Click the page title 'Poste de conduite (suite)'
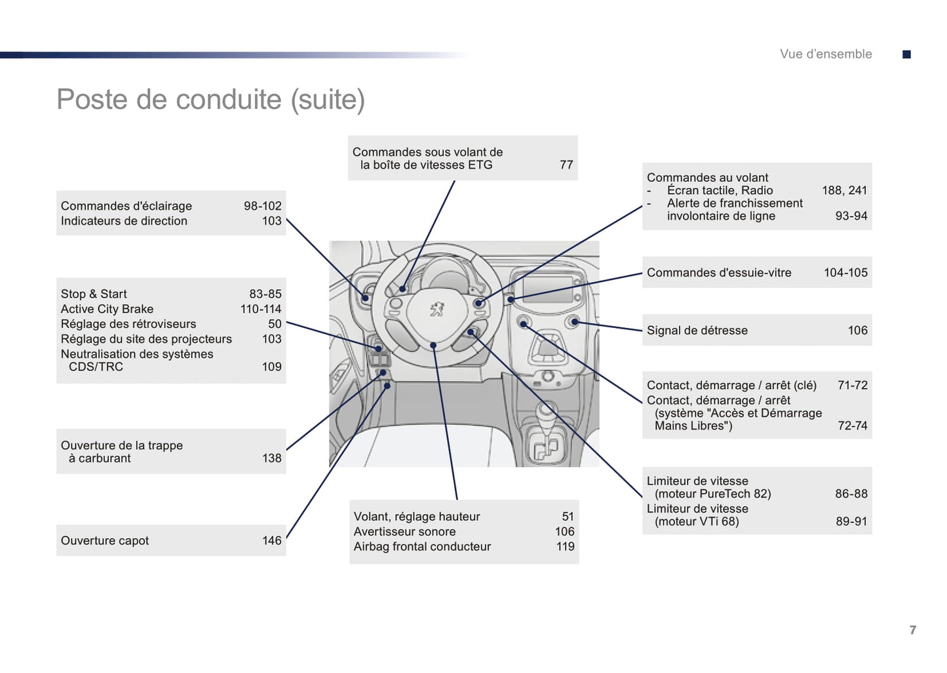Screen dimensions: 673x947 point(210,100)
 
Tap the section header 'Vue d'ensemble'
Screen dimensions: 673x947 point(826,54)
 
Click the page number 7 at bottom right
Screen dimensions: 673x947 point(913,630)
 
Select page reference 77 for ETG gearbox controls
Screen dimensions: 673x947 point(566,165)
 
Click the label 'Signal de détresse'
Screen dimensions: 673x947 point(697,331)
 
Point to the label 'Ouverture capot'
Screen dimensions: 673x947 point(105,541)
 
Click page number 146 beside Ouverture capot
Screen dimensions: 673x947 point(272,541)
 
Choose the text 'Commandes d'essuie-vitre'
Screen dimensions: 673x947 point(719,273)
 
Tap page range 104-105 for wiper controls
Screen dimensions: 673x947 point(845,273)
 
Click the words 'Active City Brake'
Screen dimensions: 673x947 point(107,309)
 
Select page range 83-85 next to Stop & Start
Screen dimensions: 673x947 point(265,295)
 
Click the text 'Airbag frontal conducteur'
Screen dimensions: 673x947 point(422,547)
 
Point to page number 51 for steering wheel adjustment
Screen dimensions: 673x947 point(568,517)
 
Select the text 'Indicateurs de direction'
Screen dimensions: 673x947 point(124,221)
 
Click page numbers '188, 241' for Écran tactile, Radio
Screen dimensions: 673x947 point(844,191)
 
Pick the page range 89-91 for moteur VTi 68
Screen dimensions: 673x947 point(851,522)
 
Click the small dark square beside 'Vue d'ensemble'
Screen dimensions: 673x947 point(906,54)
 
